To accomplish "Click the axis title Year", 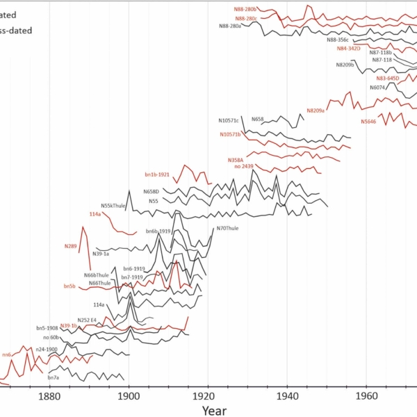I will pos(213,410).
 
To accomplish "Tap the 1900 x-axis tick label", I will pos(128,396).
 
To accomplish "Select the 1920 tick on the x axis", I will pos(207,396).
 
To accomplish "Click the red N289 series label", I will pos(70,246).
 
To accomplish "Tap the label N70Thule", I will pos(227,229).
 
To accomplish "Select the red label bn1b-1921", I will pos(157,174).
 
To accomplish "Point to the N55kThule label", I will pos(113,206).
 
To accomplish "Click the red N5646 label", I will pos(368,122).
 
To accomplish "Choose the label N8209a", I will pos(316,110).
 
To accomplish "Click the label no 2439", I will pos(243,167).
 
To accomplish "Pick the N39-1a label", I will pos(101,254).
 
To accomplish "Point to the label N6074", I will pos(377,88).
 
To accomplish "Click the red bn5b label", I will pos(69,286).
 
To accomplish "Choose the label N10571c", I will pos(228,120).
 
